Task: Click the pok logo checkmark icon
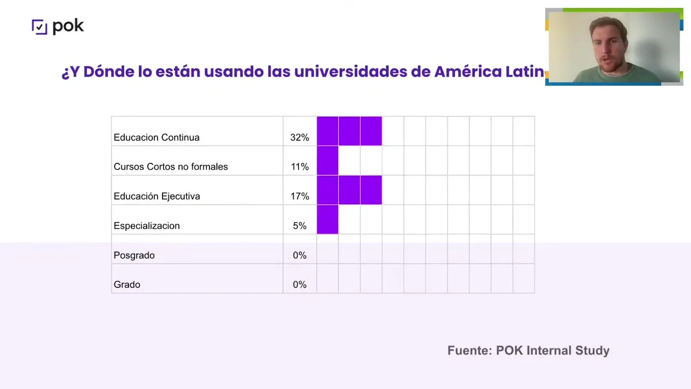pyautogui.click(x=39, y=26)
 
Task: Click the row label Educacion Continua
pyautogui.click(x=157, y=137)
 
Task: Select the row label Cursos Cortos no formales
pyautogui.click(x=171, y=166)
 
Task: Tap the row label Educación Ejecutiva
pyautogui.click(x=157, y=196)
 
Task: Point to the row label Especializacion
pyautogui.click(x=146, y=226)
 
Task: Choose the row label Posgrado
pyautogui.click(x=134, y=255)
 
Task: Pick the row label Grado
pyautogui.click(x=127, y=285)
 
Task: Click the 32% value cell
pyautogui.click(x=300, y=137)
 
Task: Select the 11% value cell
pyautogui.click(x=300, y=166)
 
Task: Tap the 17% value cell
pyautogui.click(x=300, y=196)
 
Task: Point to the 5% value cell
pyautogui.click(x=300, y=226)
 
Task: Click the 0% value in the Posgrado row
pyautogui.click(x=300, y=255)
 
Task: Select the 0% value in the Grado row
pyautogui.click(x=300, y=285)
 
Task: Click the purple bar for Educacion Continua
pyautogui.click(x=349, y=131)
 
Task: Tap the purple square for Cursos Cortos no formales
pyautogui.click(x=328, y=160)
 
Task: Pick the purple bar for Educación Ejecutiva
pyautogui.click(x=349, y=190)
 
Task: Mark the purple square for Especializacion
pyautogui.click(x=328, y=219)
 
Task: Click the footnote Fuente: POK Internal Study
pyautogui.click(x=528, y=351)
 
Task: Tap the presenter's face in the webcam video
pyautogui.click(x=607, y=46)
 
